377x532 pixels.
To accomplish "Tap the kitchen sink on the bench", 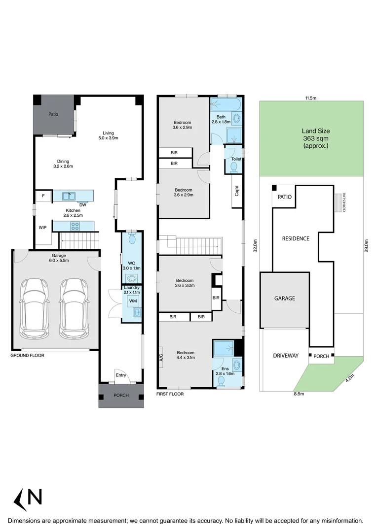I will tap(69, 196).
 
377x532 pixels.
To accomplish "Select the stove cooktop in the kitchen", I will tap(75, 226).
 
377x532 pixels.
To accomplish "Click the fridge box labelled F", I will tap(43, 196).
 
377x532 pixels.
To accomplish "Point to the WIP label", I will tap(42, 228).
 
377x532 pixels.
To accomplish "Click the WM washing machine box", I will tap(133, 300).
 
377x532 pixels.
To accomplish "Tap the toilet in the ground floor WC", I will tap(132, 239).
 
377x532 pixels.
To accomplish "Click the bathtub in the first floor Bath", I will tap(226, 104).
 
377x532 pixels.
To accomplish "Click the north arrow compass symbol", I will tap(28, 499).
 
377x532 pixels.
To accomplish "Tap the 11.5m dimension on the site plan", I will tap(310, 98).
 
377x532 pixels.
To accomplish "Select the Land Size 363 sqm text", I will tap(316, 138).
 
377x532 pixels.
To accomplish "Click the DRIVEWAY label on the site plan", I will tap(286, 355).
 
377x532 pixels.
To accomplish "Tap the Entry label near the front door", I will tap(121, 375).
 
